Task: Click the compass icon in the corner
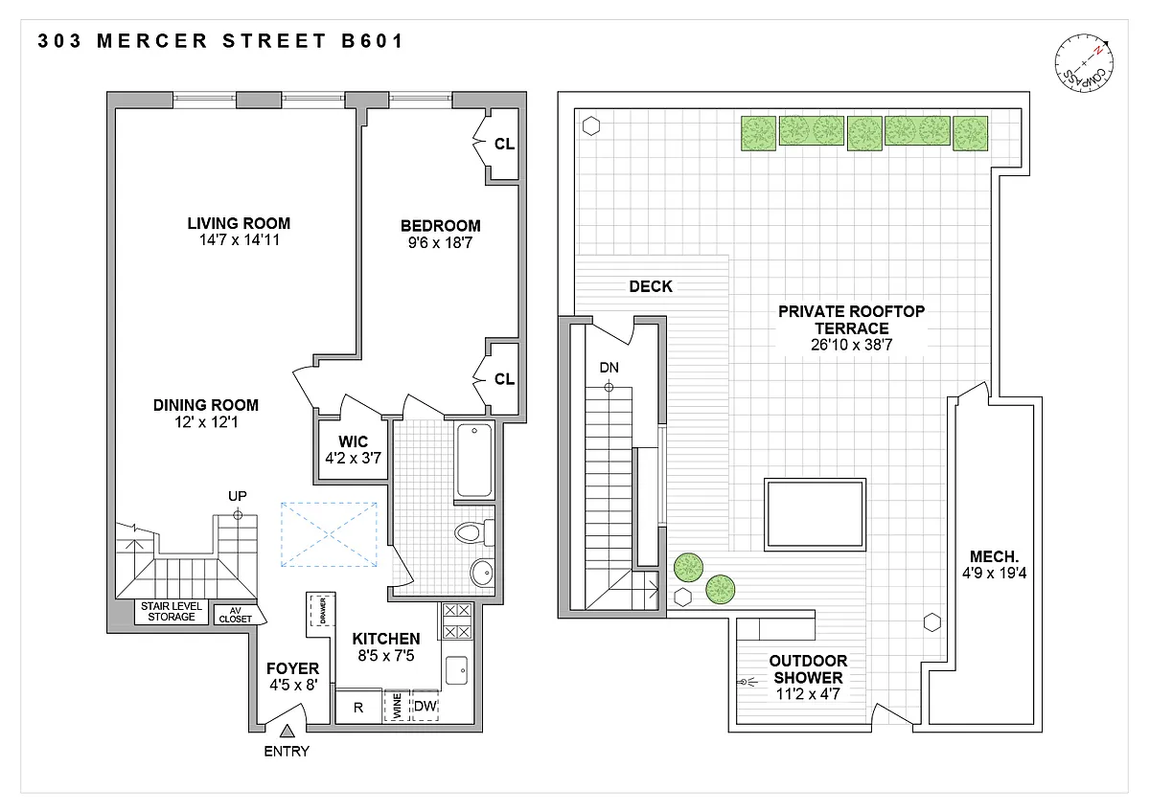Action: pyautogui.click(x=1084, y=63)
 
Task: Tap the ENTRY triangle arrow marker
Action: pyautogui.click(x=287, y=731)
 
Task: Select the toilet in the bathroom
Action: pyautogui.click(x=474, y=532)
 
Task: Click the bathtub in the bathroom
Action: pyautogui.click(x=473, y=461)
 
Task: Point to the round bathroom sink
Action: pyautogui.click(x=482, y=572)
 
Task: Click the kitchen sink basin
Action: pyautogui.click(x=456, y=670)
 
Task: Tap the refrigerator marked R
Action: pyautogui.click(x=358, y=707)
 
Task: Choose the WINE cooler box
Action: pyautogui.click(x=397, y=706)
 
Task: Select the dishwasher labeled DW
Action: pyautogui.click(x=425, y=706)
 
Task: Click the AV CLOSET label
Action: pyautogui.click(x=236, y=615)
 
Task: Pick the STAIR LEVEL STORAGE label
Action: pyautogui.click(x=172, y=612)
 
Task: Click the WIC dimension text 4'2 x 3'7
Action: pyautogui.click(x=354, y=458)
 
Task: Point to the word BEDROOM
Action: pyautogui.click(x=441, y=226)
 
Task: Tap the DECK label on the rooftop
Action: pyautogui.click(x=651, y=286)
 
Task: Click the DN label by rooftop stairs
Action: pyautogui.click(x=609, y=368)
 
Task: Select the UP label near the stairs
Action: pyautogui.click(x=238, y=496)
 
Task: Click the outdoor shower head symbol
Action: pyautogui.click(x=747, y=682)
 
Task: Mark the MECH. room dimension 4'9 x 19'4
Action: pyautogui.click(x=994, y=573)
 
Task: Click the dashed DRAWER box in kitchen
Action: pyautogui.click(x=322, y=610)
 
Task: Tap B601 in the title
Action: pyautogui.click(x=373, y=41)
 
